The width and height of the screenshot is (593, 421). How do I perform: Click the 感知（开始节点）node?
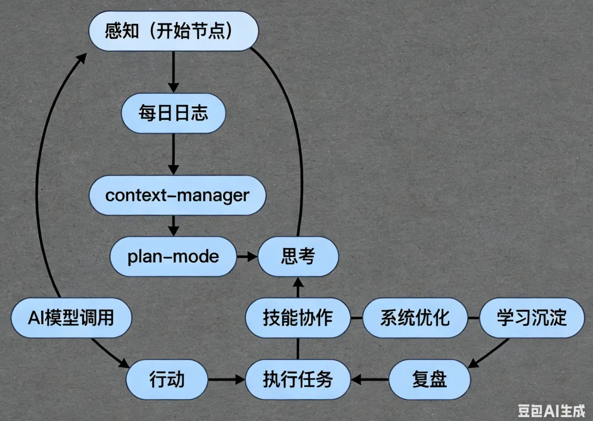coord(174,31)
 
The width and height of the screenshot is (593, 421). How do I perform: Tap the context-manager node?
coord(177,195)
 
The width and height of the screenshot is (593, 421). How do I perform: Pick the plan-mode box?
coord(174,256)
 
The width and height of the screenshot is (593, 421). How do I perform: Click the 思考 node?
coord(298,256)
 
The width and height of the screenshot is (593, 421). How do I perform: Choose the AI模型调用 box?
coord(71,318)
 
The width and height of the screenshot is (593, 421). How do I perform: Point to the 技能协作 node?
coord(298,318)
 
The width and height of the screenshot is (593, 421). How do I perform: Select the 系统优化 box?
coord(415,318)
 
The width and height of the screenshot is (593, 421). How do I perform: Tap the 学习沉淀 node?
coord(532,318)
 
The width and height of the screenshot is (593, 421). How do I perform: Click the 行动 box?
coord(167,379)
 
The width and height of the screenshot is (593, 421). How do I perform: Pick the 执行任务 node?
coord(298,379)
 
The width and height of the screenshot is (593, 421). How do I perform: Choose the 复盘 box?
coord(429,379)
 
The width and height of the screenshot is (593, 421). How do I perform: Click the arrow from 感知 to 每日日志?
coord(174,72)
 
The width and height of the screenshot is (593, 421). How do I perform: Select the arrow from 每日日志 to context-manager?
coord(174,154)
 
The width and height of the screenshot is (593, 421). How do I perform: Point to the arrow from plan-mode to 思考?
coord(247,256)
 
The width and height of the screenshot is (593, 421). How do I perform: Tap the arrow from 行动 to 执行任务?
coord(226,379)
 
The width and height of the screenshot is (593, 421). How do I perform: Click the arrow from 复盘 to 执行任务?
coord(370,379)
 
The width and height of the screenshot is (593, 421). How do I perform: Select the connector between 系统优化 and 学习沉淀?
coord(473,318)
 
